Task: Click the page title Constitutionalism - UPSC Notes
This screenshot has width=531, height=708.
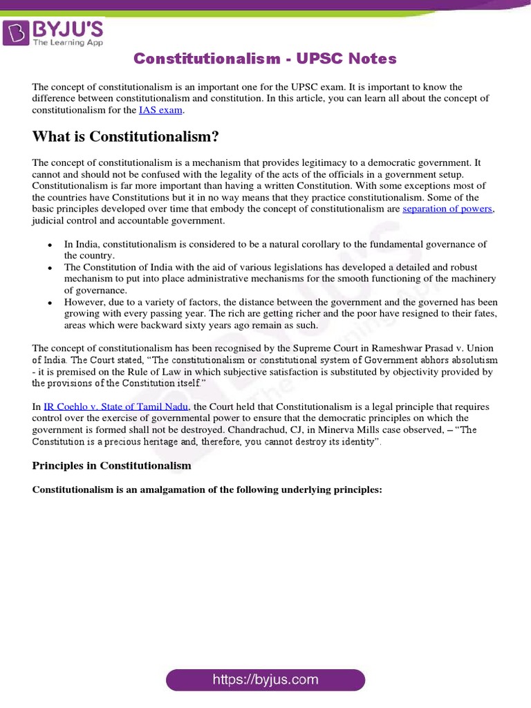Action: [265, 59]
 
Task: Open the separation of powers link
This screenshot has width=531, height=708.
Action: [447, 209]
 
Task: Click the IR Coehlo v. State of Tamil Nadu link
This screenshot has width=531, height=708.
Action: [117, 407]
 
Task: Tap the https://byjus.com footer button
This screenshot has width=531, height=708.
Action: [265, 680]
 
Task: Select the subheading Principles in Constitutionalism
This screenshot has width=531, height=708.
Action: [111, 465]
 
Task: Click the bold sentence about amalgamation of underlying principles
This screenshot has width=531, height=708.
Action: [207, 490]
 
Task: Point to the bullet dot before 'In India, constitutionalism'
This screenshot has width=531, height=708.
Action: [50, 245]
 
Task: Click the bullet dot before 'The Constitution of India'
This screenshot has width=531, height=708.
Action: [50, 268]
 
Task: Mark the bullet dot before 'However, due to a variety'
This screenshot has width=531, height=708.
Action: [50, 303]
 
